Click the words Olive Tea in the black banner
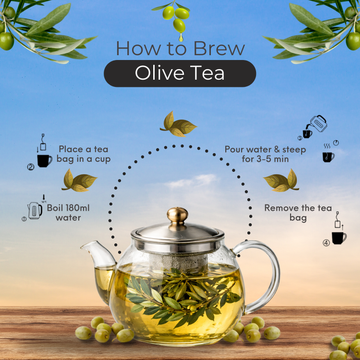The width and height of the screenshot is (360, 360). [x=179, y=72]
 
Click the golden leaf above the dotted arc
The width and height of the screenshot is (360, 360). [x=179, y=125]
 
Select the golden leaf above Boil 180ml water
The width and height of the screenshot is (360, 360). [x=79, y=181]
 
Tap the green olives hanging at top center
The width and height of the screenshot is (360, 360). [x=179, y=14]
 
